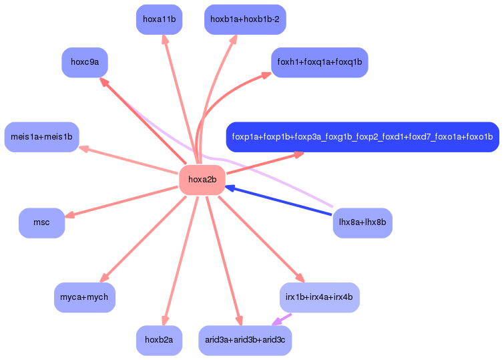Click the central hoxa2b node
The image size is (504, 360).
202,180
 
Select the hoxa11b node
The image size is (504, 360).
159,19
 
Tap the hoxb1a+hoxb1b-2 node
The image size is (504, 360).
245,19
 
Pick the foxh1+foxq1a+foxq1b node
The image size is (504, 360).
319,62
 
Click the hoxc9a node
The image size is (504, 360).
85,62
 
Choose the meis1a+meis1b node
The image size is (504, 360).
41,137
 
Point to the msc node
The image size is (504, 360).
41,222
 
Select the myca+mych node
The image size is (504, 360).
84,297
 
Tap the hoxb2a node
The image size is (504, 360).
159,340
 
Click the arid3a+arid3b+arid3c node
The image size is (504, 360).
245,340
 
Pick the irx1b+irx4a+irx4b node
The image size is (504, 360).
319,297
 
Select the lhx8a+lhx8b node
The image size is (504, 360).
362,222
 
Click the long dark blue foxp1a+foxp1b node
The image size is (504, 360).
362,137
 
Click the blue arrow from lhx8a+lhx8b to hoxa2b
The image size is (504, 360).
280,202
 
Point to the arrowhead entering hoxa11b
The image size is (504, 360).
165,39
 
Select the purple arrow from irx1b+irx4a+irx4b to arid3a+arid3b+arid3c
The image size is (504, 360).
282,320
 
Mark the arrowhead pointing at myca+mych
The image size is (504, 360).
103,279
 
